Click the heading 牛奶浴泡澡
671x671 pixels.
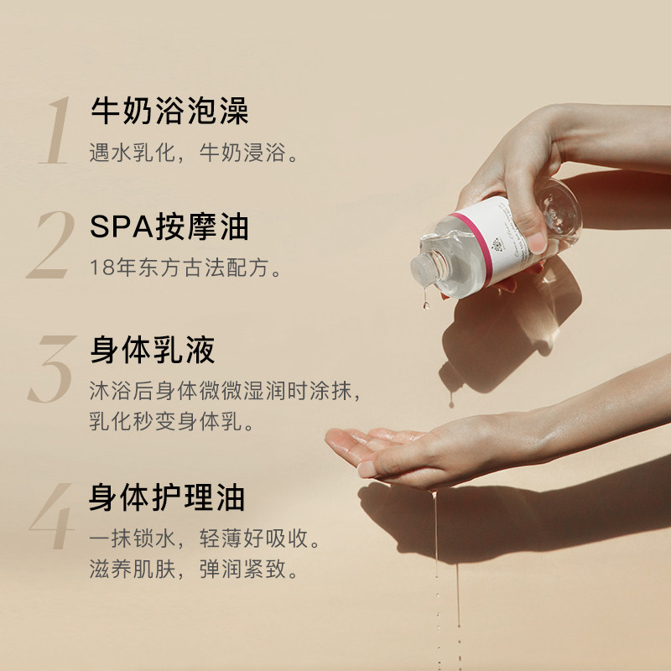tap(169, 112)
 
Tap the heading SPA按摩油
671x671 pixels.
tap(169, 227)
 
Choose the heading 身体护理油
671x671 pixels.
tap(168, 497)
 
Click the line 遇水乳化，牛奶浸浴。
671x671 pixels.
tap(194, 154)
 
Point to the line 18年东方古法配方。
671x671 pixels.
tap(185, 268)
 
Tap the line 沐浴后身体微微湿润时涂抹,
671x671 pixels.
tap(226, 393)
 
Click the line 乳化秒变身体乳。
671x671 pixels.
tap(172, 421)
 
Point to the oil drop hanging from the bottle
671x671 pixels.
tap(426, 303)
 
